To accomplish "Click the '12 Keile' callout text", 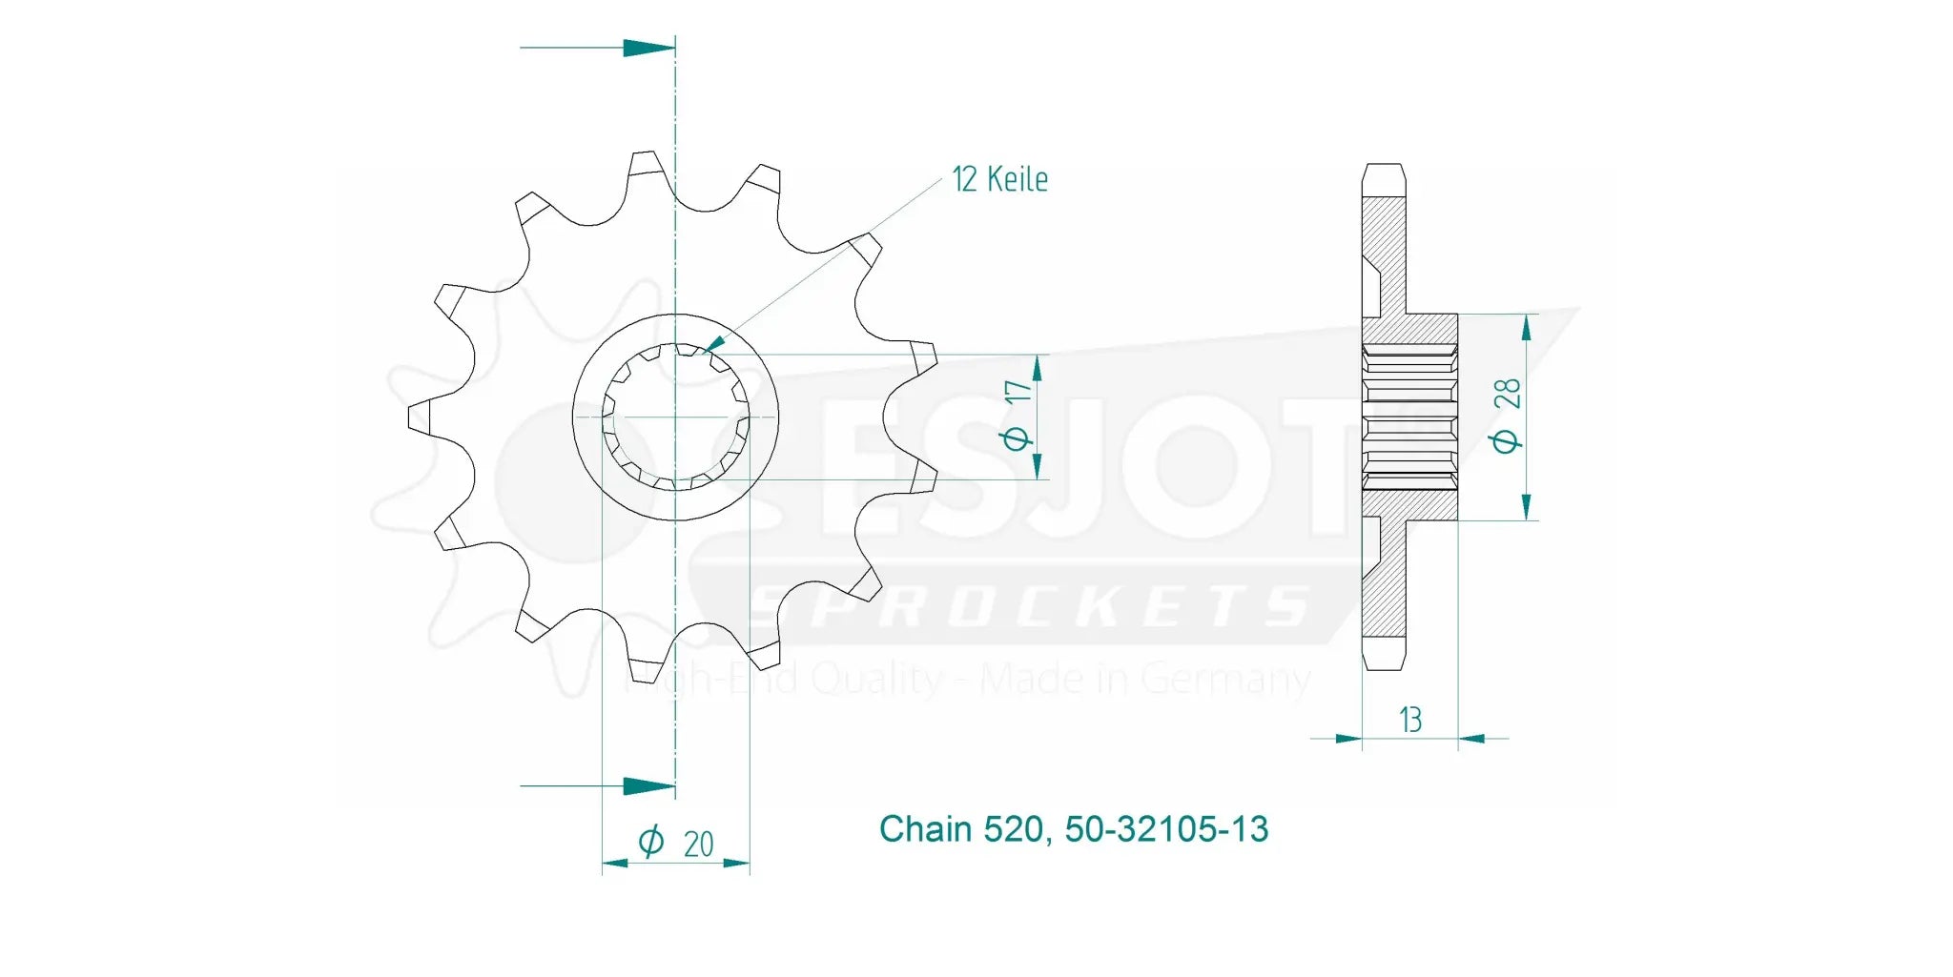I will (x=999, y=179).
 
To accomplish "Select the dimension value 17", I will (x=1018, y=392).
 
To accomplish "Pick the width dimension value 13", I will (x=1410, y=720).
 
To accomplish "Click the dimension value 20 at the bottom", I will (x=698, y=844).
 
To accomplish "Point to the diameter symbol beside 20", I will (x=650, y=842).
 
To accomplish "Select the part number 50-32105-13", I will (x=1166, y=829).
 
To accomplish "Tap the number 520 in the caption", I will (x=1017, y=829).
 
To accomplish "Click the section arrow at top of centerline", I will (x=648, y=48).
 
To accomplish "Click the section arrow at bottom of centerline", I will (x=648, y=786).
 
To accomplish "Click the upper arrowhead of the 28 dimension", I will (x=1526, y=328).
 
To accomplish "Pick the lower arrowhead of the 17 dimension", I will (x=1038, y=466).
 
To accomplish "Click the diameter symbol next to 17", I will (x=1017, y=438).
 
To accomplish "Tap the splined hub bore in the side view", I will (x=1409, y=417).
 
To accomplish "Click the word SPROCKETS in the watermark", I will (x=1030, y=607).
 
